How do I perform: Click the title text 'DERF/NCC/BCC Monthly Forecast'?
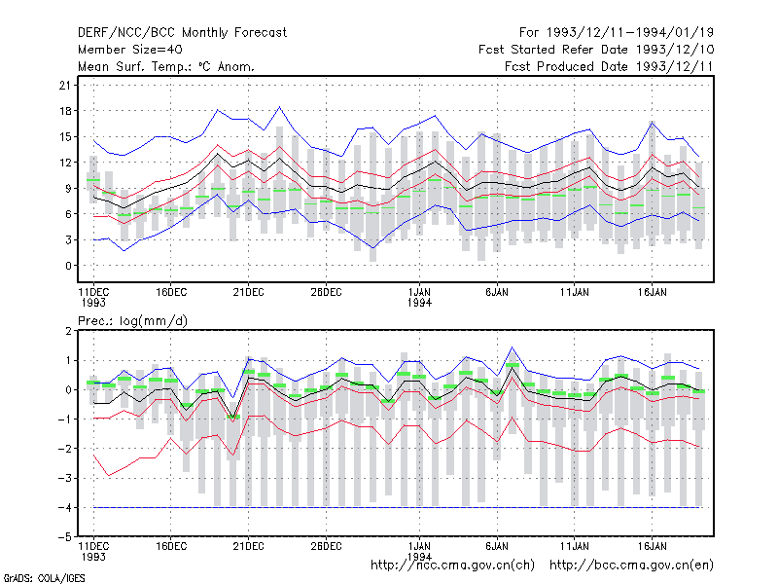coord(182,33)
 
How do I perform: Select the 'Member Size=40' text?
coord(130,50)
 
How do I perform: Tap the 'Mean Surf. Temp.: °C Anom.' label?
coord(166,66)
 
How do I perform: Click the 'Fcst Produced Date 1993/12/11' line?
coord(609,66)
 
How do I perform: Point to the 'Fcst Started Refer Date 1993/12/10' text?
coord(596,50)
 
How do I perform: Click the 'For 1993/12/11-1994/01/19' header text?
coord(617,33)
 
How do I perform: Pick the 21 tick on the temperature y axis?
coord(65,86)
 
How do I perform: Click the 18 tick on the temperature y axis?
coord(65,111)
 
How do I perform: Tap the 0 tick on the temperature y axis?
coord(68,266)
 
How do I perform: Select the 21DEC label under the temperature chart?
coord(249,292)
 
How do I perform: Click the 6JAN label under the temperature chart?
coord(497,292)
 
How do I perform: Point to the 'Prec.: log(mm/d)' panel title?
coord(132,321)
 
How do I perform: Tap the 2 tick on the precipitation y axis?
coord(68,331)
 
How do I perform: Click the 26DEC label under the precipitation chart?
coord(326,546)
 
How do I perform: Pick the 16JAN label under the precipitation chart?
coord(652,546)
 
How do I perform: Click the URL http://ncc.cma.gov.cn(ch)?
coord(452,566)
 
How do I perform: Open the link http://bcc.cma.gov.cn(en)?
coord(631,566)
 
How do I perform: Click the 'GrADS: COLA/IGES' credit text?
coord(44,578)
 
